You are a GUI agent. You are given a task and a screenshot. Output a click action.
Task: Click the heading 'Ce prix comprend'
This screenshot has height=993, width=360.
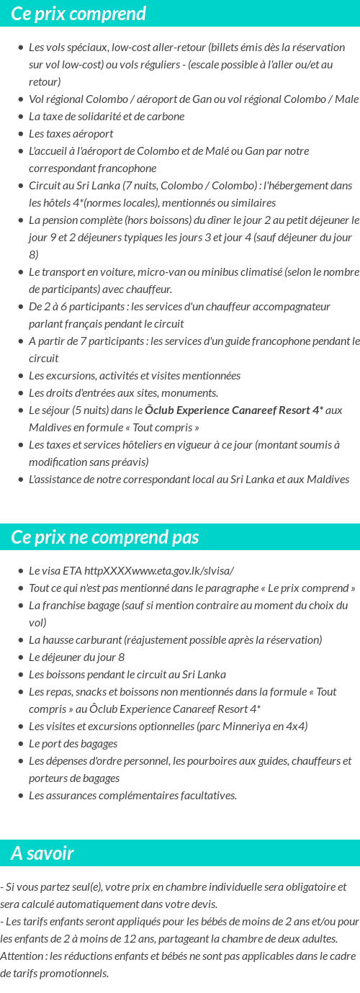(x=78, y=14)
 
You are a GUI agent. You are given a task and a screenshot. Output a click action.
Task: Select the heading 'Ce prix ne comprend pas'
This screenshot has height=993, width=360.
(x=105, y=537)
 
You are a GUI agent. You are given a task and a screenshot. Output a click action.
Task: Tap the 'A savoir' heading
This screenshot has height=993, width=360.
(x=42, y=853)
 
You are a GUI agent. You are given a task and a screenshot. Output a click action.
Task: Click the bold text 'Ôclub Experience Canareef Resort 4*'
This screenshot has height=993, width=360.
(x=233, y=410)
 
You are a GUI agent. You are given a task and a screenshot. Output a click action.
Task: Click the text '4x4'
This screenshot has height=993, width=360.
(x=296, y=726)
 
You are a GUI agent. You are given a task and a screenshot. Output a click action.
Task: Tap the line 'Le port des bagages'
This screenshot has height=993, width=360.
(x=73, y=743)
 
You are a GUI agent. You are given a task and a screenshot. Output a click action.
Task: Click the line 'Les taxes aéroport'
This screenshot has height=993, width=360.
(x=71, y=133)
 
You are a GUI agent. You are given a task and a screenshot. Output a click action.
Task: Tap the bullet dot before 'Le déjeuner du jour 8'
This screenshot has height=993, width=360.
(x=22, y=657)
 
